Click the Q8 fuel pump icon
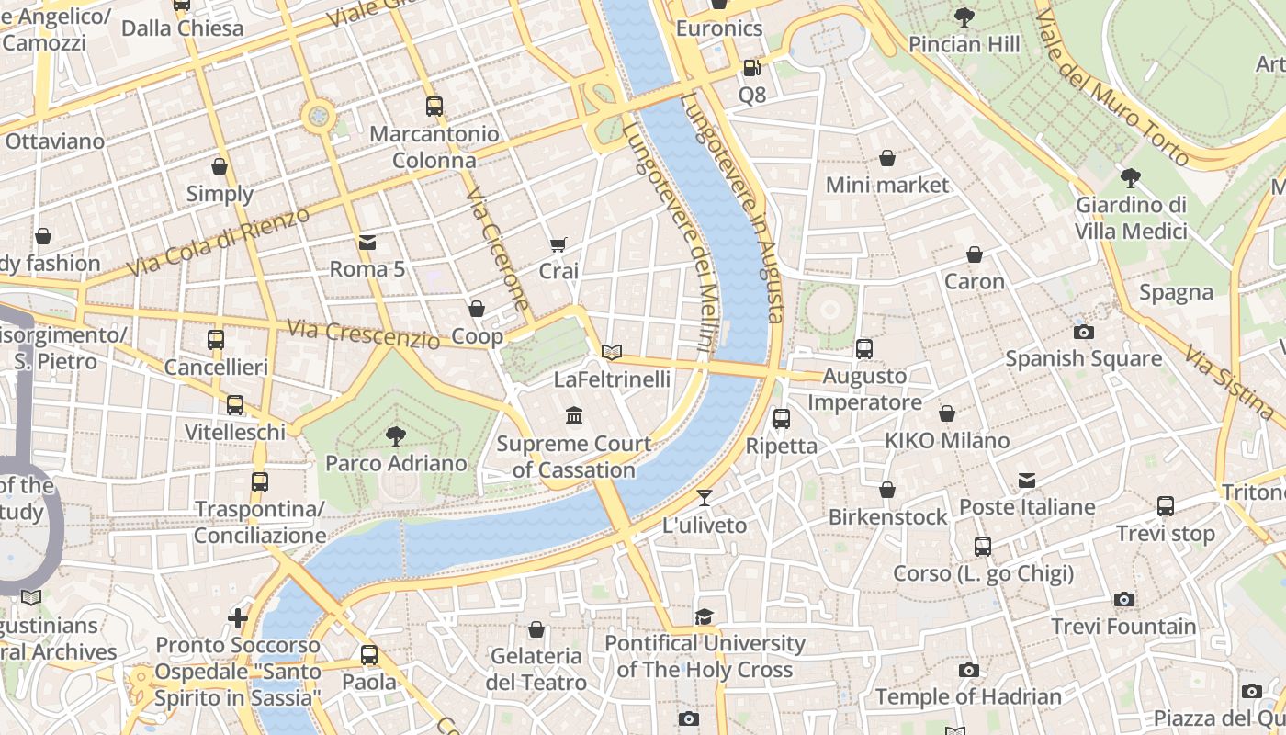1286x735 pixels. point(751,68)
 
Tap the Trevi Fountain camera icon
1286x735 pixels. point(1123,600)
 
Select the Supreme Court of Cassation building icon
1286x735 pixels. point(575,417)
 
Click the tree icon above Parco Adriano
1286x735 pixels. point(396,435)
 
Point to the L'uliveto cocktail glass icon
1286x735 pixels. point(705,498)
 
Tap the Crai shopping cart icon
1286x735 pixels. point(558,244)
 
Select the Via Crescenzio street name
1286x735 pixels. point(363,334)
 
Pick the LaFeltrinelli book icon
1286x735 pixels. point(612,352)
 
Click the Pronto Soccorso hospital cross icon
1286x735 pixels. point(238,618)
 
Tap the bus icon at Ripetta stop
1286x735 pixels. point(782,419)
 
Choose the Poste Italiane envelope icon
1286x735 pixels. point(1027,481)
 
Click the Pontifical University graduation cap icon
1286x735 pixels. point(705,616)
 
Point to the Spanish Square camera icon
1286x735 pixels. point(1084,333)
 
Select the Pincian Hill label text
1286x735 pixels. point(964,44)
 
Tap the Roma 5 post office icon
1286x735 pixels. point(367,243)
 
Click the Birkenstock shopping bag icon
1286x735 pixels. point(887,491)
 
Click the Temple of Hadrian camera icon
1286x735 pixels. point(968,671)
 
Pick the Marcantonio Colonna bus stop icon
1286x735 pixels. point(434,107)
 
